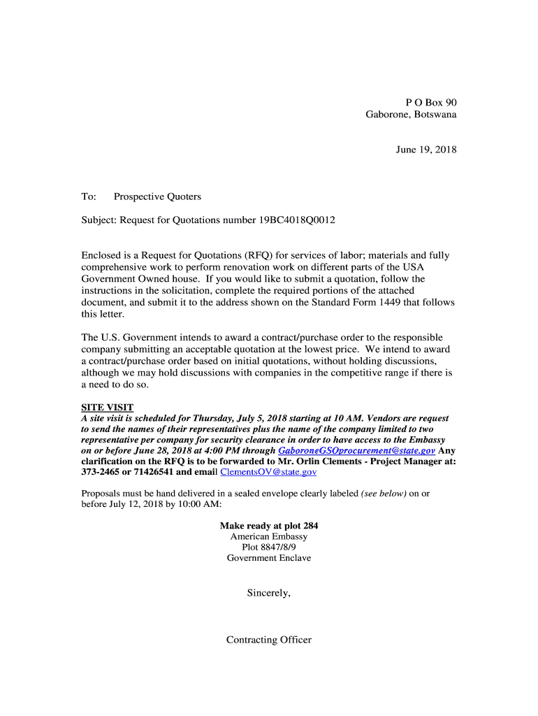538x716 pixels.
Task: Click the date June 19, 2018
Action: (425, 150)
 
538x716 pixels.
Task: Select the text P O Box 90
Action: (431, 102)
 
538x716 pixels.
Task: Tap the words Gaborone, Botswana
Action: (411, 114)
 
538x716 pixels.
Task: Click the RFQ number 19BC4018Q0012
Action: (297, 221)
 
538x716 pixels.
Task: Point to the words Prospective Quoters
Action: (157, 197)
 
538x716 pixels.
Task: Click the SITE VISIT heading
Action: (108, 408)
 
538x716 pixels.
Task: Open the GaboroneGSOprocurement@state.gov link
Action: (356, 451)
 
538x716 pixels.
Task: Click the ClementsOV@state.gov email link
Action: (268, 472)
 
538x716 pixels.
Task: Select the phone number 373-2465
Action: (101, 472)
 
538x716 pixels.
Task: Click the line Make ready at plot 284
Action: (269, 526)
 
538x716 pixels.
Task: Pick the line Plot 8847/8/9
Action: (269, 547)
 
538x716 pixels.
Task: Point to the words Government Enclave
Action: (269, 558)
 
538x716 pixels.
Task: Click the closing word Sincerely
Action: (268, 594)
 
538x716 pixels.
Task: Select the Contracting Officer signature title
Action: (269, 640)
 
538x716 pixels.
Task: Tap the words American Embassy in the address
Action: (269, 536)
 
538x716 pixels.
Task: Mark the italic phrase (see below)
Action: (384, 494)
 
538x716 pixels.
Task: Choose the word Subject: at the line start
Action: (99, 221)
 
